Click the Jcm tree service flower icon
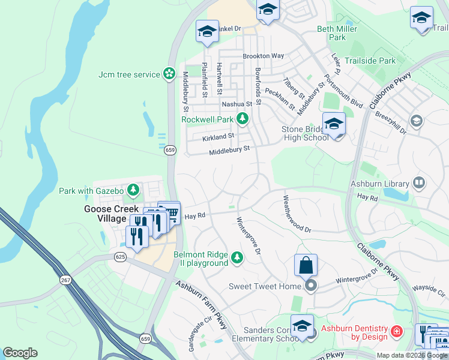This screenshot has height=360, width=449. click(x=170, y=74)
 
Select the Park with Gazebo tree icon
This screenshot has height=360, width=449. click(x=133, y=191)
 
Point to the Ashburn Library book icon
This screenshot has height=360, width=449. click(x=419, y=183)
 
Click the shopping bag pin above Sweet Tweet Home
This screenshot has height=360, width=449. click(x=306, y=265)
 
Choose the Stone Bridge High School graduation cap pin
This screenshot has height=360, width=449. click(x=334, y=124)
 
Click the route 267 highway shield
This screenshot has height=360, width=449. click(x=65, y=280)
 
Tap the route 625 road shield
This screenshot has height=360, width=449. click(x=119, y=257)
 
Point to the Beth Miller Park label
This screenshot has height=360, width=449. click(x=337, y=33)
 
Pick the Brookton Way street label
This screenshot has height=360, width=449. click(x=263, y=56)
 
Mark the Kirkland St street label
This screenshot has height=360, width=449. click(x=218, y=137)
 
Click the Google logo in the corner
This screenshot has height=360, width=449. click(x=20, y=353)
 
